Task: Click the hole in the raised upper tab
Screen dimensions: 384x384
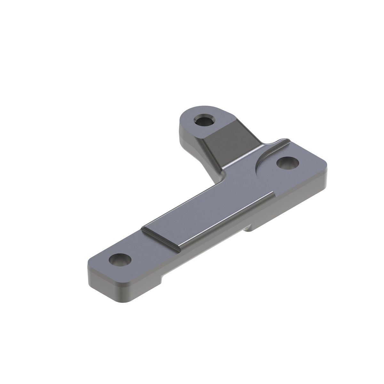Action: coord(204,121)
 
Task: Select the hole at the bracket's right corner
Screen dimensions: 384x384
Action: coord(287,163)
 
